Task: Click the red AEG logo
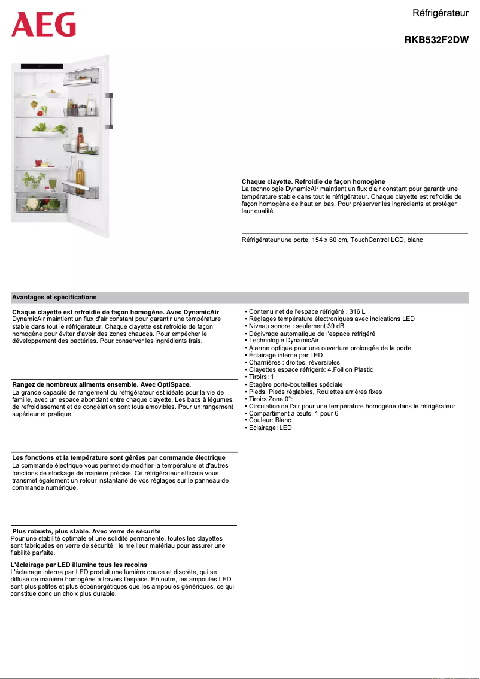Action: [44, 25]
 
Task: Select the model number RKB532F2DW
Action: [436, 41]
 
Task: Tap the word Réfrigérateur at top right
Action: [440, 13]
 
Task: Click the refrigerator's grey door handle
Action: [110, 111]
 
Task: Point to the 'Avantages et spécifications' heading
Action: [54, 297]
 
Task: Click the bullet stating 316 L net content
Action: [306, 312]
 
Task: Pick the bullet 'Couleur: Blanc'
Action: [270, 420]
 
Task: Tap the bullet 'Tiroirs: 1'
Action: [261, 377]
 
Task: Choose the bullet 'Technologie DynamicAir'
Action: [284, 341]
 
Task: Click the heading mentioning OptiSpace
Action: [102, 384]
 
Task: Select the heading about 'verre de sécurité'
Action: [86, 531]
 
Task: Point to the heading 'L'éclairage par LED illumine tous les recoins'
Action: [79, 565]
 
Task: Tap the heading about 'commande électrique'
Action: [119, 458]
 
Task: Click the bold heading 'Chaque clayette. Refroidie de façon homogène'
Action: [313, 181]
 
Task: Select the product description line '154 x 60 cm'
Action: [332, 240]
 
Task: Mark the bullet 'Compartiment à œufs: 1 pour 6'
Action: [293, 413]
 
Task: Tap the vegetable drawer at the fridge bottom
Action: [40, 205]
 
